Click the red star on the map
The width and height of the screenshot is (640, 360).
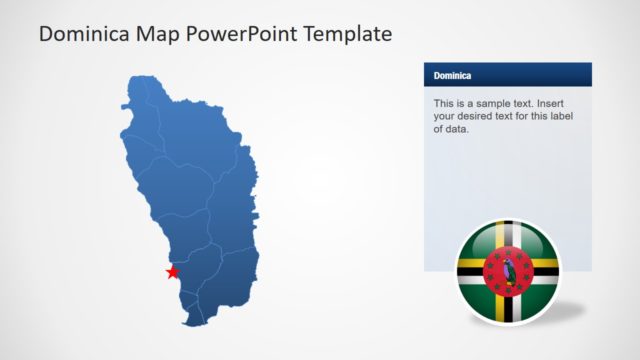pos(173,272)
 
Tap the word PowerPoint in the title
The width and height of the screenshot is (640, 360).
pos(250,34)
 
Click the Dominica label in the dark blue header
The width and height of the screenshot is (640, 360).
pos(453,75)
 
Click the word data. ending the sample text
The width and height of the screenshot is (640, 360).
pos(456,129)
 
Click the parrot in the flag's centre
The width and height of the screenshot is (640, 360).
pos(509,268)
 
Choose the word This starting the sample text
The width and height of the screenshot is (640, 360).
pos(444,103)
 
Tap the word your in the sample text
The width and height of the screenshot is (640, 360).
pos(445,116)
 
